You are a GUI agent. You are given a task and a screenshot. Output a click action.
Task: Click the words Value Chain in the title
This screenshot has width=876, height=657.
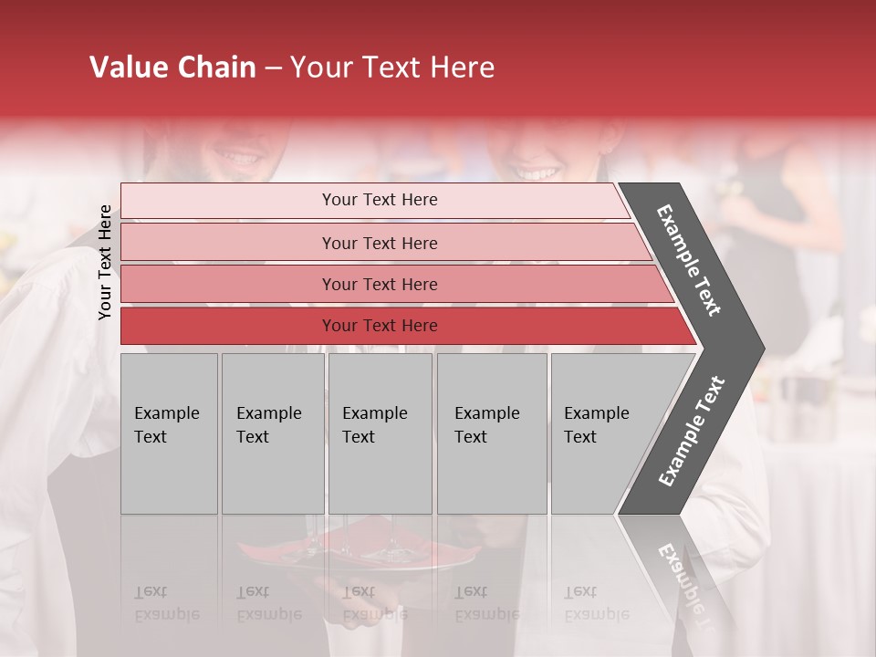[172, 68]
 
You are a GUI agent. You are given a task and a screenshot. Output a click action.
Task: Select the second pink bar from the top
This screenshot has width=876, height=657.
[380, 243]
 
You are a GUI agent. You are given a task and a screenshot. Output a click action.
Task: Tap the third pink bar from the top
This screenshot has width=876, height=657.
[380, 284]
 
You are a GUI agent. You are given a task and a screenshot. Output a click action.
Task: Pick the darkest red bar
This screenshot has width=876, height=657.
[380, 326]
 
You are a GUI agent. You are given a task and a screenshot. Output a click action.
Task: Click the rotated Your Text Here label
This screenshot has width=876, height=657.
[105, 262]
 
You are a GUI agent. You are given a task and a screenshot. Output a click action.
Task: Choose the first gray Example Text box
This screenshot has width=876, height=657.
[169, 433]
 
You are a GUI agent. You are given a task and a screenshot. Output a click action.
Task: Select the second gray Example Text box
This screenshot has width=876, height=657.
[272, 433]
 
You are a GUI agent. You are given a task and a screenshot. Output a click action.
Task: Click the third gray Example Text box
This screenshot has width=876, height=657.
[380, 433]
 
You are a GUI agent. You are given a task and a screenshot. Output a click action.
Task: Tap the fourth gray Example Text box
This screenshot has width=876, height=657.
[491, 433]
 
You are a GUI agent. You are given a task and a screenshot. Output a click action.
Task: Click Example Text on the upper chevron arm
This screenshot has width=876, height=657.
[689, 260]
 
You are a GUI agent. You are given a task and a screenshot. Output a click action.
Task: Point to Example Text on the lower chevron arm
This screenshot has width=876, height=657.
[691, 432]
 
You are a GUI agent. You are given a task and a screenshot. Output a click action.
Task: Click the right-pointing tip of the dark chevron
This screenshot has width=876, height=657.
[759, 348]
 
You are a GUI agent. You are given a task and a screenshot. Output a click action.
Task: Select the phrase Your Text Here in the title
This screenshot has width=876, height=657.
[392, 68]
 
